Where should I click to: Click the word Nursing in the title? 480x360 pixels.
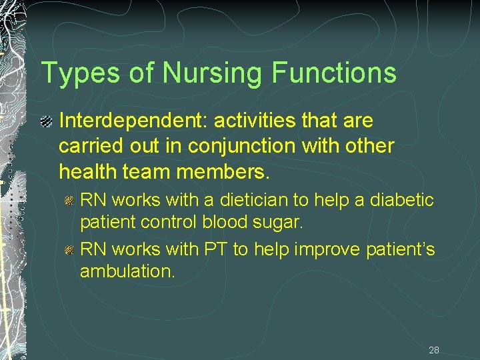212,73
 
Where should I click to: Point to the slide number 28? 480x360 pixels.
434,350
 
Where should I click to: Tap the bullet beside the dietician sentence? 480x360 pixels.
69,200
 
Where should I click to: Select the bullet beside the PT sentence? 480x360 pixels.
69,250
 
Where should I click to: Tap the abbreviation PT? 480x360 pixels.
216,250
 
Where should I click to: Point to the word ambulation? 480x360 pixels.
126,271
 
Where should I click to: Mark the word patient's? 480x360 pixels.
401,250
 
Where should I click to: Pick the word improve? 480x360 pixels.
324,250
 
